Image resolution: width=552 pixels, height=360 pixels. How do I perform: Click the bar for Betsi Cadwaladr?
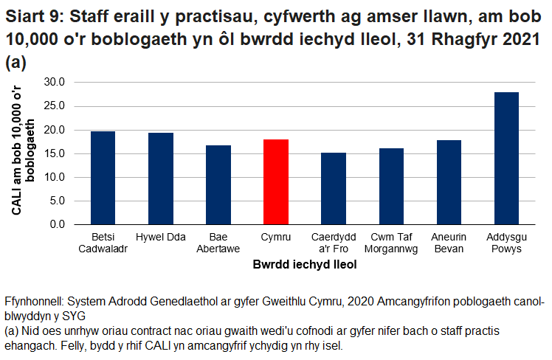click(x=103, y=178)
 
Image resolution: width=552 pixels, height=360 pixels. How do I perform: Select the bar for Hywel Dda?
click(x=160, y=179)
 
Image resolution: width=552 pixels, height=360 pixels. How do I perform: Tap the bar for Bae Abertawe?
click(x=218, y=184)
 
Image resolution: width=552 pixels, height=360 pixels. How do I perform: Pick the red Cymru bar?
click(x=275, y=181)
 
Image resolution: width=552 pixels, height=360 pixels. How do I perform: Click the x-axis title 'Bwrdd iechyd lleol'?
click(x=304, y=264)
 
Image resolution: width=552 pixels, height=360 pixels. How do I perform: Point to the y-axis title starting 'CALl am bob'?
click(x=24, y=151)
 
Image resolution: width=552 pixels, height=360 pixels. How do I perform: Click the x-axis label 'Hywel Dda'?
click(x=160, y=237)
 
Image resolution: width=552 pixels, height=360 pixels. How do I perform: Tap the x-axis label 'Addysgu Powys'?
click(x=506, y=243)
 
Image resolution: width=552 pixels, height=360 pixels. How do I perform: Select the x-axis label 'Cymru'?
click(x=275, y=237)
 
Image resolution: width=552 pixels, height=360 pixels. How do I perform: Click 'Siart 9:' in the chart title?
click(x=32, y=14)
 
